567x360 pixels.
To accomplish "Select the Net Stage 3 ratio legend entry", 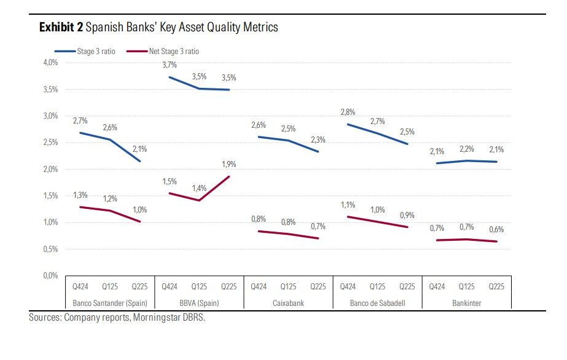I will pyautogui.click(x=173, y=52).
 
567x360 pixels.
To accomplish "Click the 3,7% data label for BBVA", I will pyautogui.click(x=170, y=65).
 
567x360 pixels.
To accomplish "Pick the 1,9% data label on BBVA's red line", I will pyautogui.click(x=229, y=164).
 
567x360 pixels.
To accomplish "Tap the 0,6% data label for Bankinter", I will pyautogui.click(x=496, y=229).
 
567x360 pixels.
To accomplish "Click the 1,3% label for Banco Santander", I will pyautogui.click(x=80, y=195).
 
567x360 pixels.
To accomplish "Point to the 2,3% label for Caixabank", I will pyautogui.click(x=318, y=140).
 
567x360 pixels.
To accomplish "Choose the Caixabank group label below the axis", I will pyautogui.click(x=288, y=303).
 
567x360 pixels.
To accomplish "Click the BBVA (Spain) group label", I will pyautogui.click(x=199, y=303).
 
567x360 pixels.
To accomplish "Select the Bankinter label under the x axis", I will pyautogui.click(x=467, y=303).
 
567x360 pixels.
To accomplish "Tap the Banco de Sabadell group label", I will pyautogui.click(x=377, y=303).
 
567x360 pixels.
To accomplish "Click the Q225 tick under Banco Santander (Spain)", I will pyautogui.click(x=139, y=286).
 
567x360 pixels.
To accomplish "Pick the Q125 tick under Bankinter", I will pyautogui.click(x=467, y=286).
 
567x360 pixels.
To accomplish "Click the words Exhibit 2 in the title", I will pyautogui.click(x=61, y=28).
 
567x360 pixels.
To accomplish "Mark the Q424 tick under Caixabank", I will pyautogui.click(x=259, y=286).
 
